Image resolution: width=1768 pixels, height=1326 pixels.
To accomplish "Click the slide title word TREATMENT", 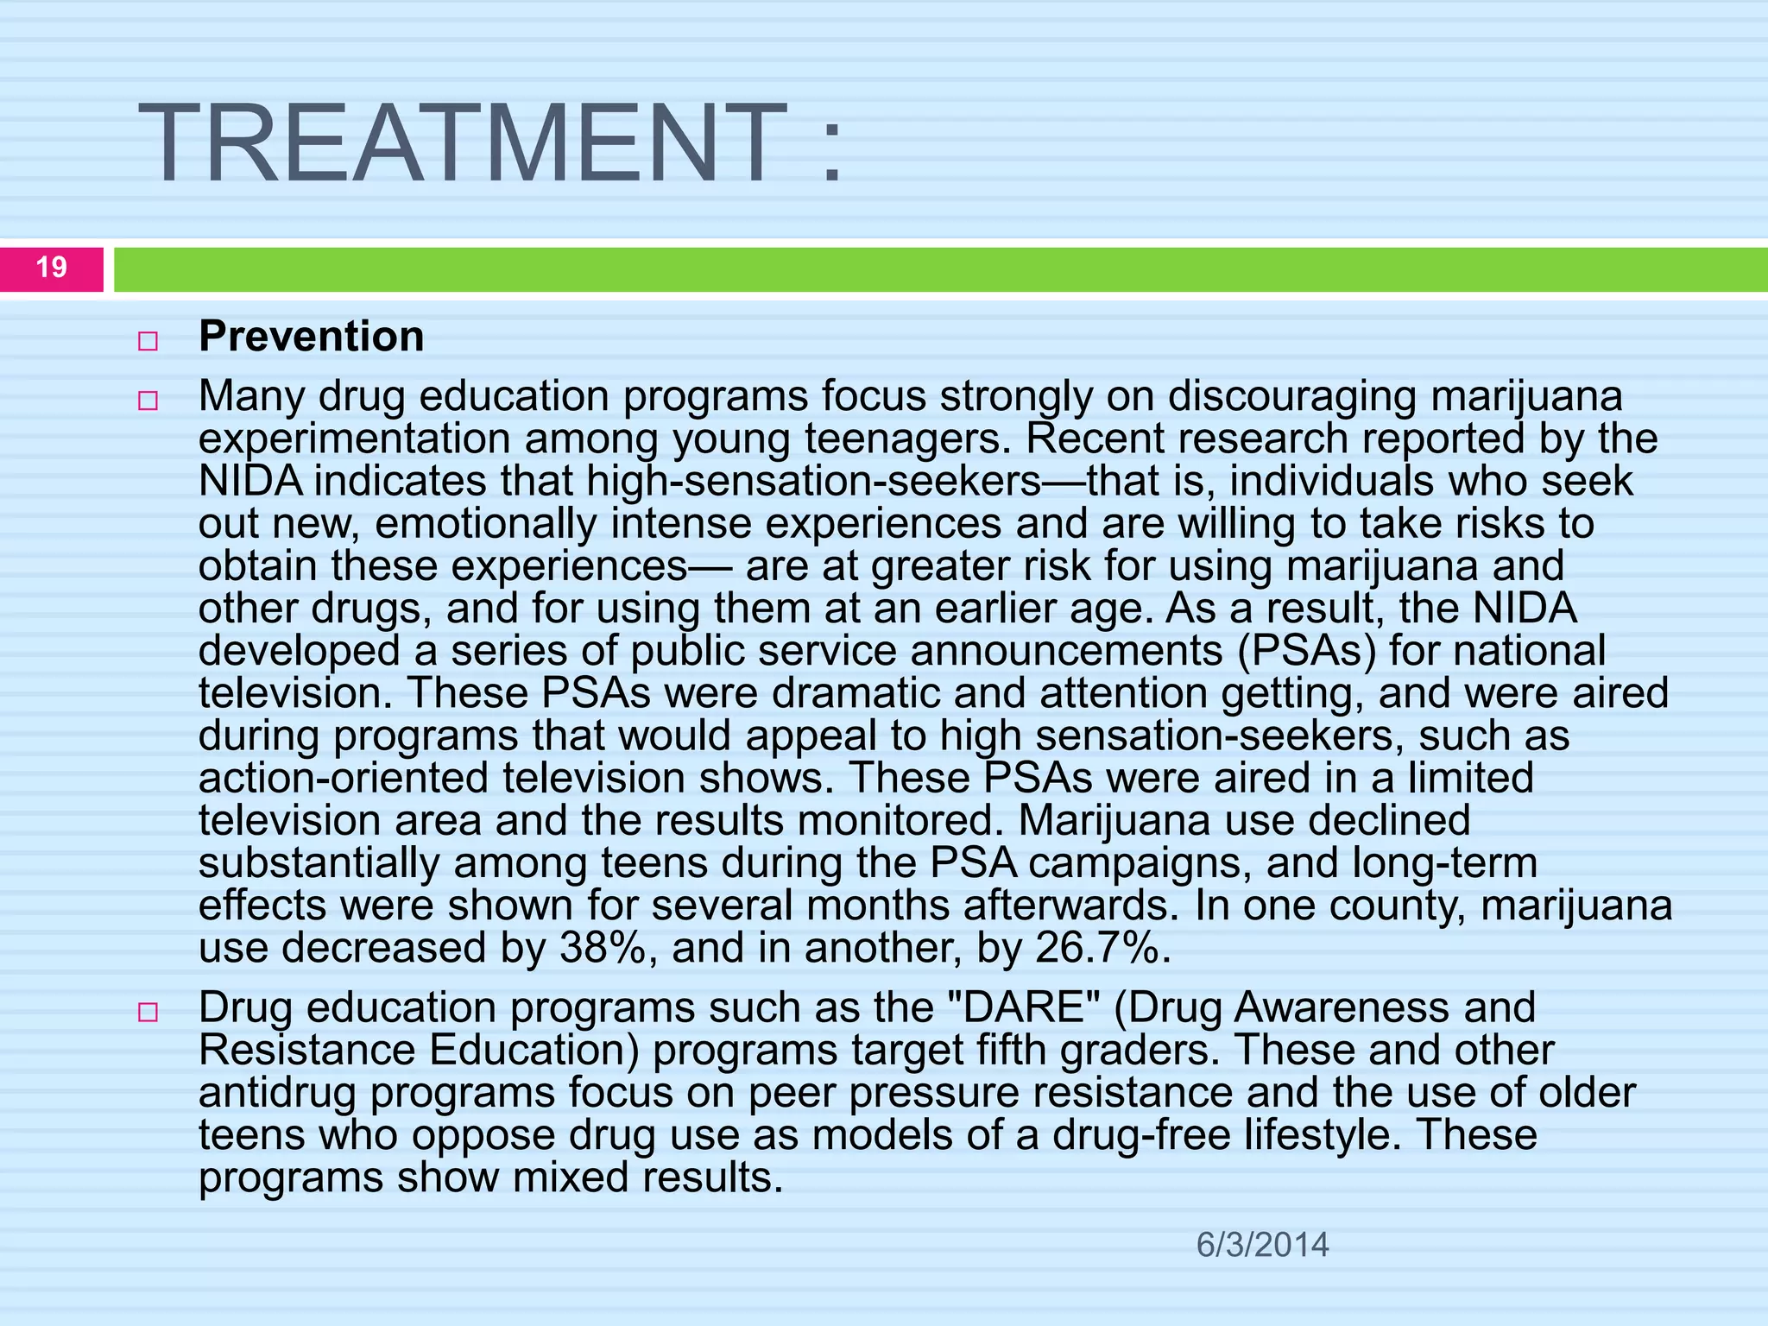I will pos(463,143).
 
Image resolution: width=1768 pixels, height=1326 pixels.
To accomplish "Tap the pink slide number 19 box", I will pos(52,268).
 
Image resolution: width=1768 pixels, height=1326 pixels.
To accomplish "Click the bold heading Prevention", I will pos(312,337).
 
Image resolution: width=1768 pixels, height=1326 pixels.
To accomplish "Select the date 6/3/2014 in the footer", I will pos(1262,1245).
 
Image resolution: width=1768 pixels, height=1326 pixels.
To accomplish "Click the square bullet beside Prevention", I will pos(148,341).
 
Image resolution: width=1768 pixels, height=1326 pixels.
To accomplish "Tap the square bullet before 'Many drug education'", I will pos(148,401).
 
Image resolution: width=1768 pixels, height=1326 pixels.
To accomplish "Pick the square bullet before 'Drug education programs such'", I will pos(148,1012).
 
